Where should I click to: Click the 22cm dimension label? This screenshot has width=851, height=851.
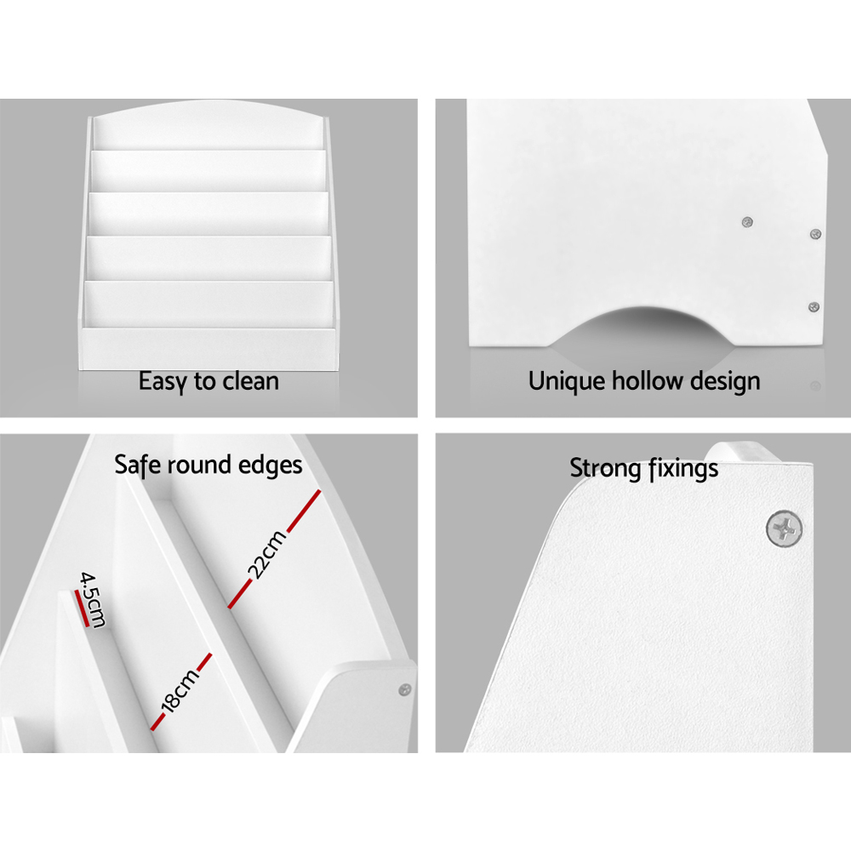pyautogui.click(x=266, y=554)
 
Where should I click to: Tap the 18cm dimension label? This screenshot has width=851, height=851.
pyautogui.click(x=180, y=690)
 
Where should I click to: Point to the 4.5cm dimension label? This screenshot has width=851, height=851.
pyautogui.click(x=93, y=599)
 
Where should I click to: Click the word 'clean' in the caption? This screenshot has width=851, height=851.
pyautogui.click(x=250, y=381)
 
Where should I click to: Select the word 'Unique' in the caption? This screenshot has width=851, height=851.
pyautogui.click(x=567, y=381)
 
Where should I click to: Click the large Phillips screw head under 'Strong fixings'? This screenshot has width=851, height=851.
pyautogui.click(x=785, y=528)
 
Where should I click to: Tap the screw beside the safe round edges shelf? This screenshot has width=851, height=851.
pyautogui.click(x=405, y=690)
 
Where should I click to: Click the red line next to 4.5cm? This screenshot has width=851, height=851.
pyautogui.click(x=82, y=608)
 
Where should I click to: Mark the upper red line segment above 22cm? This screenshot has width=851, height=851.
pyautogui.click(x=304, y=511)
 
